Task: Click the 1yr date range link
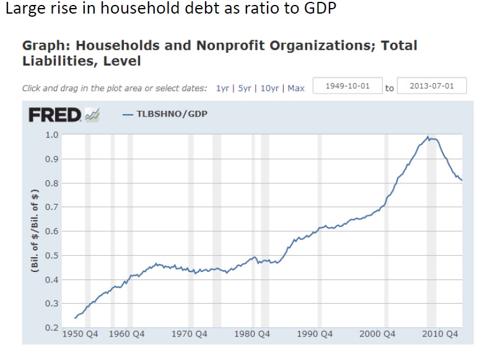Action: pyautogui.click(x=222, y=88)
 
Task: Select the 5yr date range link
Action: pyautogui.click(x=245, y=88)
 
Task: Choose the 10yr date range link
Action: pyautogui.click(x=269, y=88)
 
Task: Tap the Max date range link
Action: pyautogui.click(x=296, y=88)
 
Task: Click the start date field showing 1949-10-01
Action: pyautogui.click(x=347, y=86)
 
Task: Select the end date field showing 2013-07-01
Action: pyautogui.click(x=431, y=86)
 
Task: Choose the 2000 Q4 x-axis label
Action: pyautogui.click(x=378, y=335)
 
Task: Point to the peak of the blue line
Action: pyautogui.click(x=427, y=136)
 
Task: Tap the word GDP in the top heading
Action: pyautogui.click(x=320, y=11)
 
